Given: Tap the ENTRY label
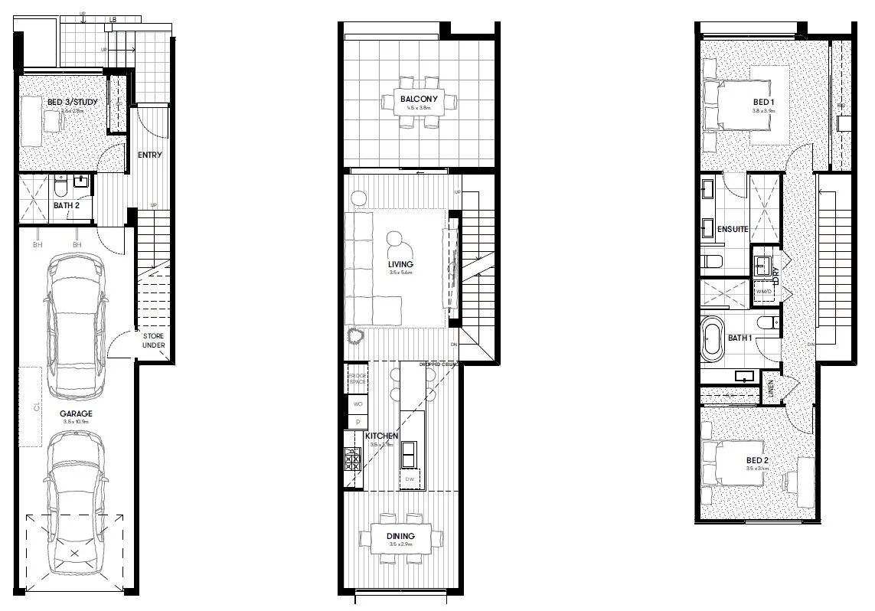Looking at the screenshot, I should (x=150, y=155).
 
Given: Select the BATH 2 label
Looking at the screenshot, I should (x=67, y=205).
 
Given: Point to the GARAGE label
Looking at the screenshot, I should (x=76, y=414).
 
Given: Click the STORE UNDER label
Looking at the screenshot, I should (x=153, y=341).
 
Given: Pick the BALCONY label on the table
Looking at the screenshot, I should (x=419, y=100).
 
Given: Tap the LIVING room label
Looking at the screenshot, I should (x=400, y=265).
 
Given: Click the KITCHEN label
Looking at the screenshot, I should (x=383, y=436).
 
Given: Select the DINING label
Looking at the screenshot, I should (x=400, y=536).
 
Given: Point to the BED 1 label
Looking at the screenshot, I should (x=763, y=103).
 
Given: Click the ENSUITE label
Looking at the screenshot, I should (x=733, y=228).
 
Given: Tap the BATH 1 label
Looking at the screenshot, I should (x=740, y=338).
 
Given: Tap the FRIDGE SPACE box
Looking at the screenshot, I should (x=357, y=378).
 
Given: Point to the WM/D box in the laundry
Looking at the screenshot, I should (x=764, y=292).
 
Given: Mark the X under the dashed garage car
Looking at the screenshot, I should (x=74, y=553).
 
